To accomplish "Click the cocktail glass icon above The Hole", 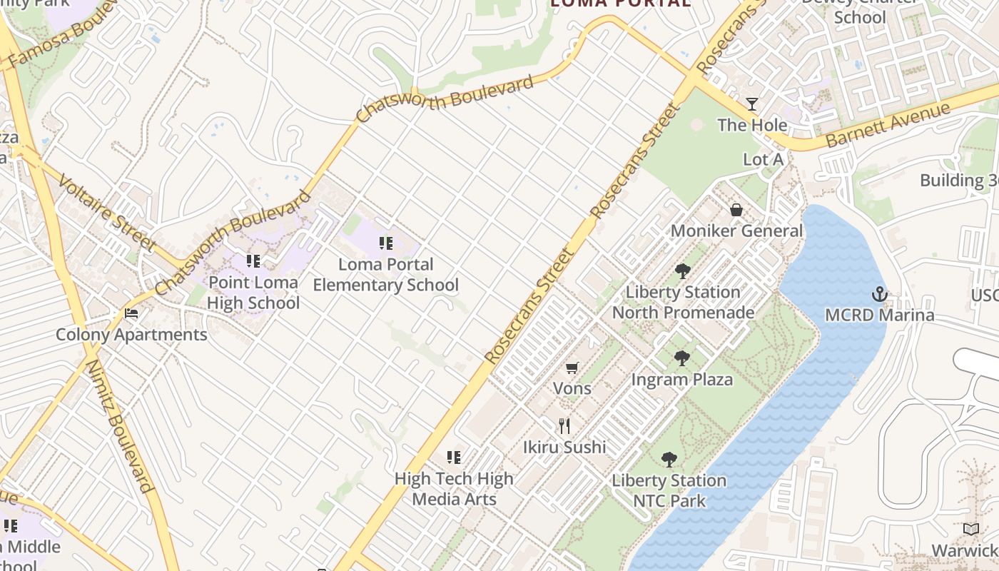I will [x=752, y=104].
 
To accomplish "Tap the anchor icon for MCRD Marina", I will [x=880, y=294].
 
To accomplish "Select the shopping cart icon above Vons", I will [x=572, y=368].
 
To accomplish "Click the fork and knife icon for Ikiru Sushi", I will [x=564, y=426].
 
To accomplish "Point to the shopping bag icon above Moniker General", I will [x=736, y=210].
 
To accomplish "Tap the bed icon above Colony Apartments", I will [x=131, y=313].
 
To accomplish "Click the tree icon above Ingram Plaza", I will [x=682, y=358].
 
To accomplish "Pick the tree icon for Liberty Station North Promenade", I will [x=683, y=271].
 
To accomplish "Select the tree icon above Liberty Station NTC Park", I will [x=669, y=460].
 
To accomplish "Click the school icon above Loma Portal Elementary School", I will [x=386, y=243].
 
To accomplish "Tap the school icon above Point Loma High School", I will [x=253, y=261].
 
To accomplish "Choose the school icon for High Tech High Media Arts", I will [x=454, y=458].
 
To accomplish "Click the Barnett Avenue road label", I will [x=888, y=125].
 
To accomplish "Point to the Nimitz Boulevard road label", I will [x=120, y=426].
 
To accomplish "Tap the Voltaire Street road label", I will [x=107, y=212].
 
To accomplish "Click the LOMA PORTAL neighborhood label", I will [x=620, y=3].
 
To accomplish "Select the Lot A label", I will [x=763, y=160].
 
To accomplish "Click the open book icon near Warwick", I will [x=970, y=530].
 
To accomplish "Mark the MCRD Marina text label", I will [x=879, y=315].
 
